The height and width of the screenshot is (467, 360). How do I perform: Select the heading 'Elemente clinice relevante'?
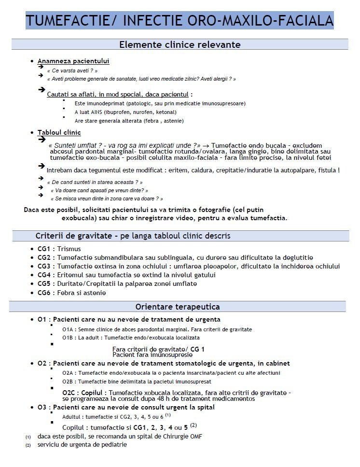180,45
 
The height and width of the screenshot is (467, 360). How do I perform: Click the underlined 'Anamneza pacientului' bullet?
73,61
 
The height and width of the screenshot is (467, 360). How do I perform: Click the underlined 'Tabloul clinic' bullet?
59,132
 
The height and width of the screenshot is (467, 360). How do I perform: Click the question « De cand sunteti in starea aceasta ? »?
95,182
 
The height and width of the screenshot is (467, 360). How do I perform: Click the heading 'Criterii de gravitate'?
133,236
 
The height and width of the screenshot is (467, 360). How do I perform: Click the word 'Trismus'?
70,249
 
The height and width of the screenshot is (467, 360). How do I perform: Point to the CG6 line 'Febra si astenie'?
81,293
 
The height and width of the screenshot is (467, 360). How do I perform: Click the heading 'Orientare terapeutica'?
178,307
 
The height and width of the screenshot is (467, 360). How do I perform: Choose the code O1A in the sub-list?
68,329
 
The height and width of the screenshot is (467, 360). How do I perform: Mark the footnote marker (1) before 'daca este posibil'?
28,437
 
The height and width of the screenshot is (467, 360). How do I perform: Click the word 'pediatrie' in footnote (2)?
113,444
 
